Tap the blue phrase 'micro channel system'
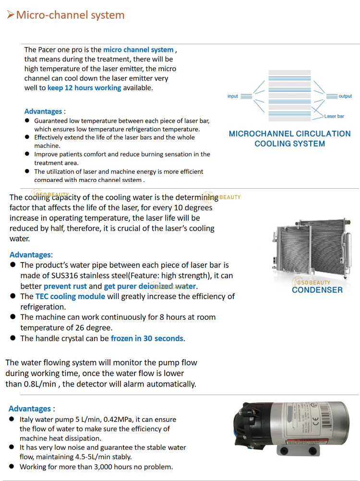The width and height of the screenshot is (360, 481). click(x=138, y=49)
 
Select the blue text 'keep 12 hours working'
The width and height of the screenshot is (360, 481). click(x=84, y=88)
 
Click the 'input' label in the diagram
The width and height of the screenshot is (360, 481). click(x=233, y=96)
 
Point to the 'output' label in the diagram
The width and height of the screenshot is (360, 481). click(x=345, y=96)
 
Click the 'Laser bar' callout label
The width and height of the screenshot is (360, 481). click(x=334, y=116)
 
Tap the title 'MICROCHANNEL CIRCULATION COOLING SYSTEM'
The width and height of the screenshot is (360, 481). click(x=289, y=139)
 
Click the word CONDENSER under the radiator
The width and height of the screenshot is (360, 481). click(x=317, y=289)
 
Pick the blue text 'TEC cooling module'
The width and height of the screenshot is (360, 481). click(x=70, y=296)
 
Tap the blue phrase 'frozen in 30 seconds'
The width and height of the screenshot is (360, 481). click(x=147, y=338)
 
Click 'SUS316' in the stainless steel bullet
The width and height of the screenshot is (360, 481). click(x=68, y=276)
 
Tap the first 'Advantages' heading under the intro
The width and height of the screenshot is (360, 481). click(x=43, y=111)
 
